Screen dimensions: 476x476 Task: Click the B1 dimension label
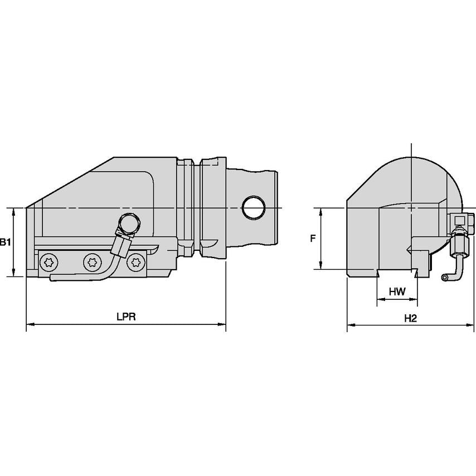(x=4, y=242)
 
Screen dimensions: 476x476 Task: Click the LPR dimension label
(x=127, y=317)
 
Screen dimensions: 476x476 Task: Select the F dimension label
(x=313, y=238)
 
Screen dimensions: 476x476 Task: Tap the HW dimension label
(x=396, y=292)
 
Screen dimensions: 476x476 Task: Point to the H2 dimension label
(x=411, y=318)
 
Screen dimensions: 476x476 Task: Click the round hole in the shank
(x=254, y=207)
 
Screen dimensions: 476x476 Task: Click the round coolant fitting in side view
(x=128, y=224)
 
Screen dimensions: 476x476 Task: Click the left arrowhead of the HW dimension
(x=380, y=300)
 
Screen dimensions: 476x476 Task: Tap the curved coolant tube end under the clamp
(x=54, y=277)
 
